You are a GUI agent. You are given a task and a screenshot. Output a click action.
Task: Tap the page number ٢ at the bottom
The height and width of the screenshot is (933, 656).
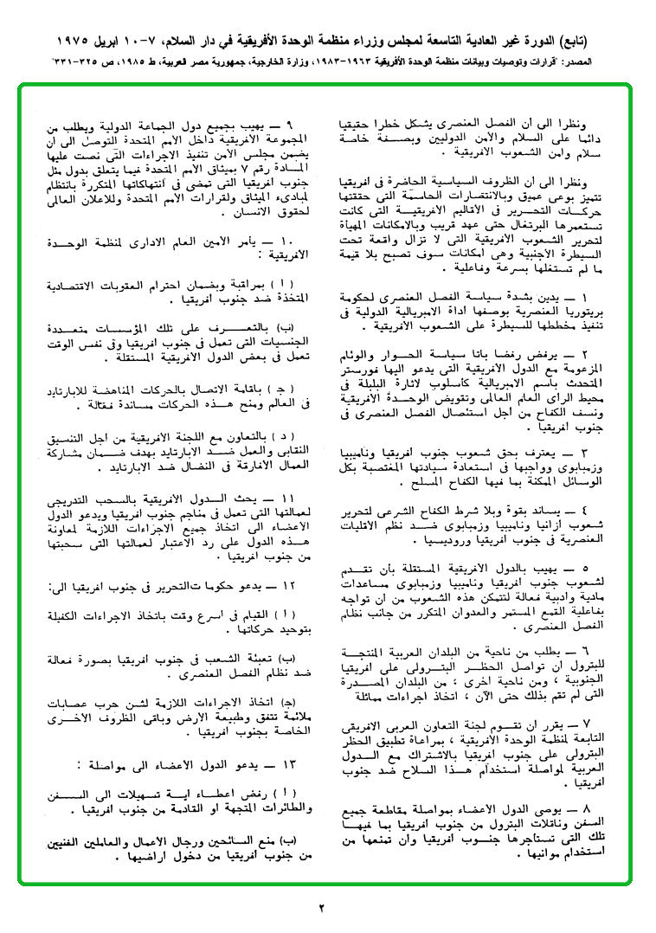[320, 908]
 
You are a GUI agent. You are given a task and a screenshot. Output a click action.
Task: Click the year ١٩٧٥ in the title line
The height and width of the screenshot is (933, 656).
[81, 41]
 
